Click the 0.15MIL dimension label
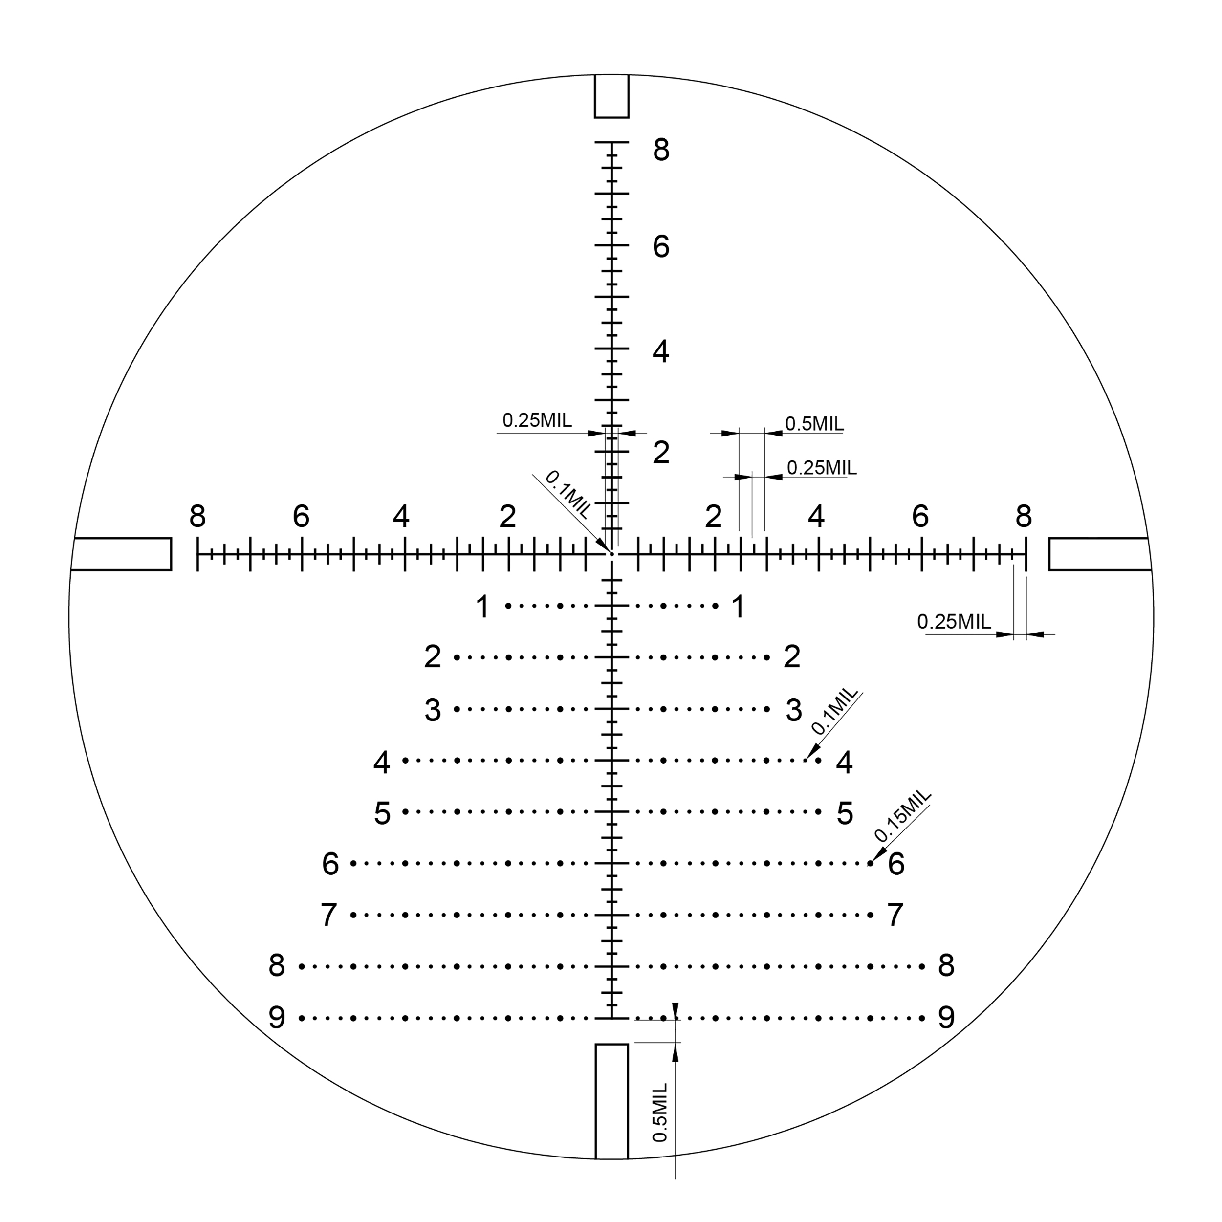(x=903, y=815)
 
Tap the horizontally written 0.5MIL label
(x=814, y=424)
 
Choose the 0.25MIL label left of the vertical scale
(x=537, y=420)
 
